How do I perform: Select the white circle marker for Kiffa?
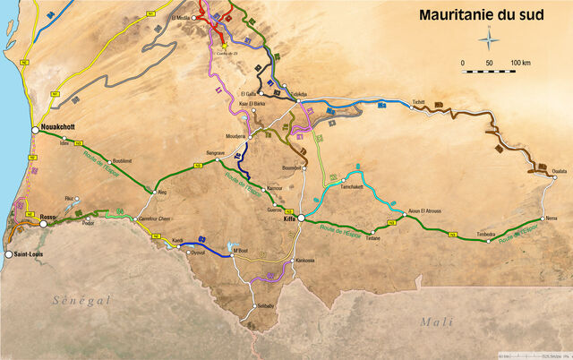coord(302,218)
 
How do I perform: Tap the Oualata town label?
coord(560,170)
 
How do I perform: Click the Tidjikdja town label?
coord(301,93)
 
